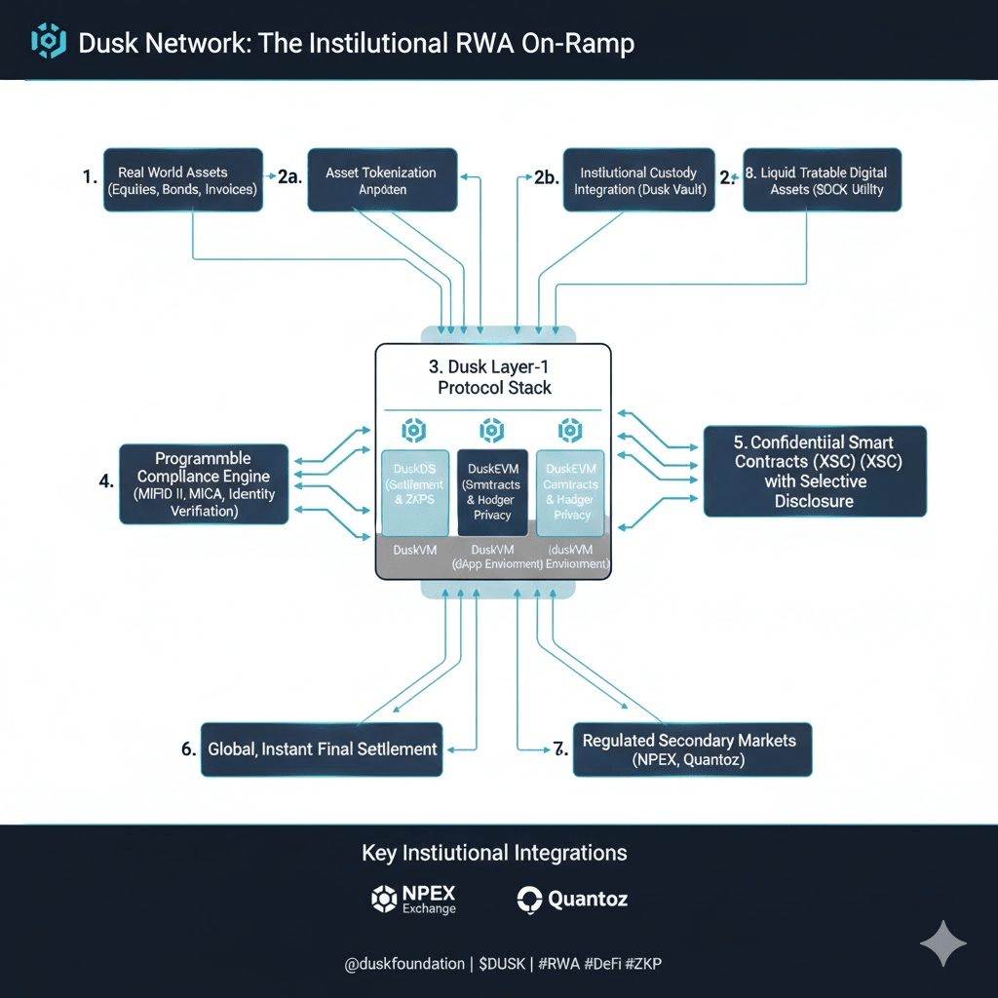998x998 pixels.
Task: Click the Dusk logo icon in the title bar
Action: pos(48,42)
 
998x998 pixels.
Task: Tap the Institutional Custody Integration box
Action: pos(638,180)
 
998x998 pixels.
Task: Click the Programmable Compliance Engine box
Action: pos(204,484)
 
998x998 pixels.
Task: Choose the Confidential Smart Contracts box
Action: pos(814,471)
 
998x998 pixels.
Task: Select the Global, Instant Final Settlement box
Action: pos(323,749)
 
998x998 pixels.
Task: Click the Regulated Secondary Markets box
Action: pos(691,749)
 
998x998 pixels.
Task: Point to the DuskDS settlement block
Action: pos(415,492)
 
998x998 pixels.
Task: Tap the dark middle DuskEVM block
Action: pos(492,492)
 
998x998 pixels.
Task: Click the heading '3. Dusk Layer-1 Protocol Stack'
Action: pos(494,377)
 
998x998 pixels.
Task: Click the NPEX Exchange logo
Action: pos(414,899)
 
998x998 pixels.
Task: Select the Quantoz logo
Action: pos(572,899)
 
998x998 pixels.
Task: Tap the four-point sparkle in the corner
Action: pos(942,942)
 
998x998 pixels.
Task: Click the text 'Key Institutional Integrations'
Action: pos(494,853)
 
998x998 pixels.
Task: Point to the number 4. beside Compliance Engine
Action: pos(106,480)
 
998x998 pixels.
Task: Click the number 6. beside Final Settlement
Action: pos(189,749)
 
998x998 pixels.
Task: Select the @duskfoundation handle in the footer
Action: pos(404,964)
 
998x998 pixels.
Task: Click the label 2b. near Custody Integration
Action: pos(545,176)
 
